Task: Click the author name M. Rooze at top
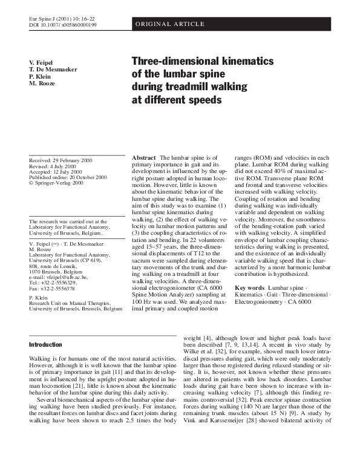42,83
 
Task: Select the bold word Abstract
144,157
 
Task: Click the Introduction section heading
47,345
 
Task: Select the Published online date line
68,178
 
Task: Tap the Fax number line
54,289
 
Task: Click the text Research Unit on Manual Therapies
70,303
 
